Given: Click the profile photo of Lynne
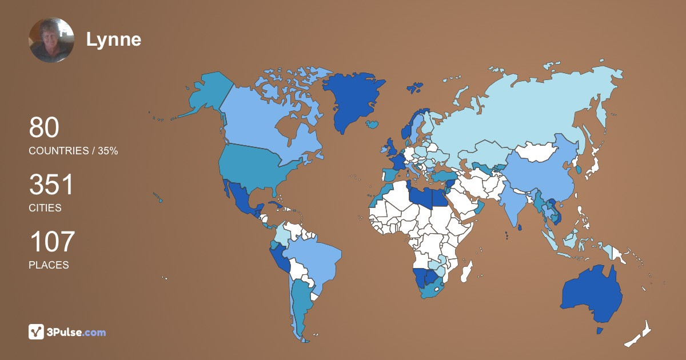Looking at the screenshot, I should point(51,40).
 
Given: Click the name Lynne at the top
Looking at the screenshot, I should point(114,39).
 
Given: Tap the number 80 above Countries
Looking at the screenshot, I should point(44,127).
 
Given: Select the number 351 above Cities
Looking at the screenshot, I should point(51,185).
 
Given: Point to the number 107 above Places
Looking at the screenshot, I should point(51,242).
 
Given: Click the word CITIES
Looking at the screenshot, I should point(45,208).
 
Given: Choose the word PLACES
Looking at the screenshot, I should point(49,265).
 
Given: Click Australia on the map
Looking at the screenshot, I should point(592,294).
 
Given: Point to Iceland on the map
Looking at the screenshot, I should point(374,123).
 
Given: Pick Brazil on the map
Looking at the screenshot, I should point(314,260).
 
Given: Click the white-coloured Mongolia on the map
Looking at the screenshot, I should point(537,152).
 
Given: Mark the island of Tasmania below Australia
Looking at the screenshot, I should point(600,331).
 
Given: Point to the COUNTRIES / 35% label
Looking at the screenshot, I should point(73,151).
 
